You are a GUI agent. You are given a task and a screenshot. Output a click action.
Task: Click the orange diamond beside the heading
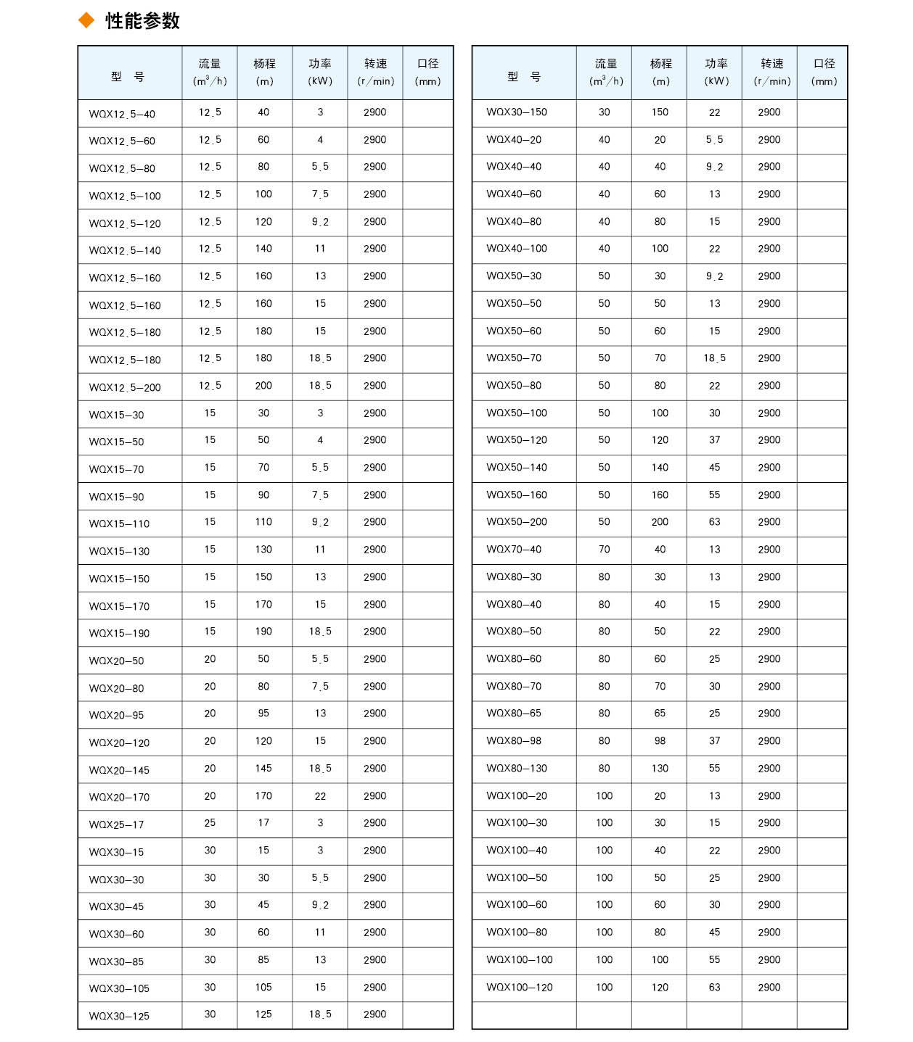coord(86,21)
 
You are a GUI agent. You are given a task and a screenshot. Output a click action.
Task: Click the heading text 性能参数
coord(142,21)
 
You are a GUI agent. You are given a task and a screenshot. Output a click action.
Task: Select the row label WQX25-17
coord(116,824)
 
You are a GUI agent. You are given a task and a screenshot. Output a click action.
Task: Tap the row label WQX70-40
coord(514,550)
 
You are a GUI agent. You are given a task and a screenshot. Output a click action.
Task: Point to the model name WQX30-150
coord(517,112)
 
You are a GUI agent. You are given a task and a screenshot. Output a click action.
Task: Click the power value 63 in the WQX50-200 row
coord(715,522)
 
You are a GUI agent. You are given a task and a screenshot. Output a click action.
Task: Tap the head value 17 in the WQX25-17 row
coord(263,823)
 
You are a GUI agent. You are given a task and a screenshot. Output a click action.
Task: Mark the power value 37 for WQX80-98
coord(715,741)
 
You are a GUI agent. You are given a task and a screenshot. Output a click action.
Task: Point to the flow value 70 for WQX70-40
coord(604,550)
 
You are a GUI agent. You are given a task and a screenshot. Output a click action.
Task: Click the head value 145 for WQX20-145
coord(263,769)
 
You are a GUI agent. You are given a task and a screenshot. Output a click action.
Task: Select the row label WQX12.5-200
coord(125,388)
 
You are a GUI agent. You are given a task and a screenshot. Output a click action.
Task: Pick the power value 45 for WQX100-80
coord(715,933)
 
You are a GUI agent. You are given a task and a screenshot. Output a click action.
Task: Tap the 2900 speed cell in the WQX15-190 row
coord(375,632)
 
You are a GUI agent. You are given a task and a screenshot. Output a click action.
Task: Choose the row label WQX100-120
coord(520,988)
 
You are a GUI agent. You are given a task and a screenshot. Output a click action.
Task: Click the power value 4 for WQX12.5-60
coord(320,140)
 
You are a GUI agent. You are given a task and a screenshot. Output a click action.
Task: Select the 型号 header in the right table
coord(524,77)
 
